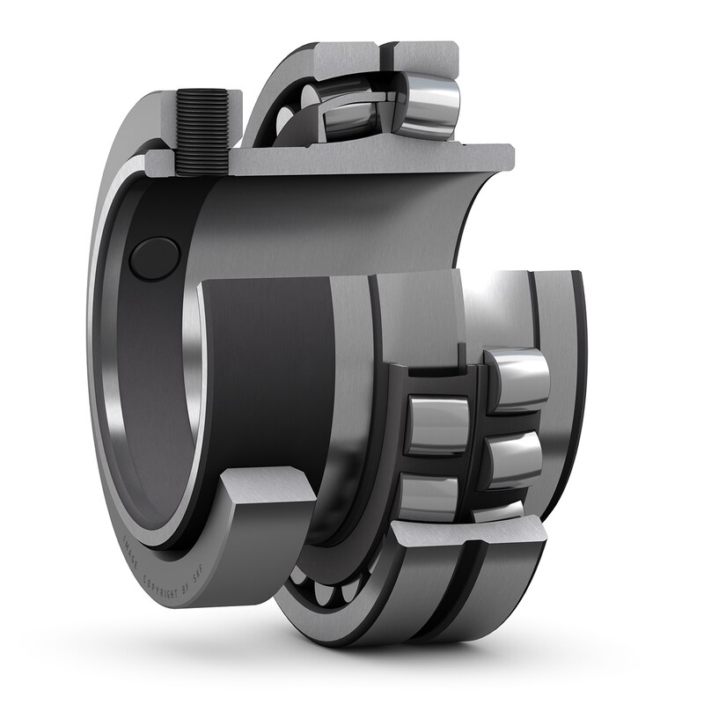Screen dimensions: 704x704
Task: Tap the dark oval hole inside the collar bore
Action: [154, 257]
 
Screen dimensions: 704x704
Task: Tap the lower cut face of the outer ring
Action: [466, 532]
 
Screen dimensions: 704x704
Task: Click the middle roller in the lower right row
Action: [515, 457]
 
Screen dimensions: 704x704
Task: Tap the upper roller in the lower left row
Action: [436, 424]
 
